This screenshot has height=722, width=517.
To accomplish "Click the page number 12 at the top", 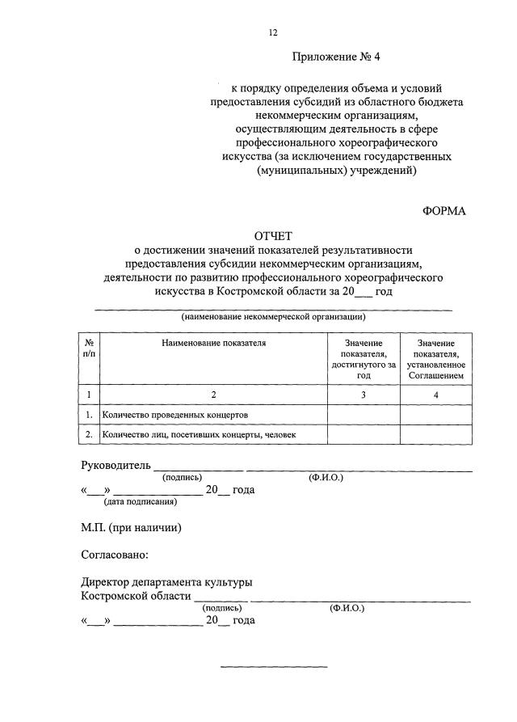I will click(x=273, y=32).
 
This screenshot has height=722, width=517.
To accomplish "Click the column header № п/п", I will click(x=88, y=348).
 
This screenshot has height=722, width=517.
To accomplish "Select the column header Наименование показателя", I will click(x=213, y=343).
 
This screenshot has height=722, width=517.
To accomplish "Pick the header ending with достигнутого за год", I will click(x=364, y=359).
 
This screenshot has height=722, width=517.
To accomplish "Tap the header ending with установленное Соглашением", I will click(x=435, y=359).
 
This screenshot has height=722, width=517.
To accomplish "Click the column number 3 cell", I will click(x=364, y=395).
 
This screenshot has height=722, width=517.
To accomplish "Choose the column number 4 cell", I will click(x=435, y=395).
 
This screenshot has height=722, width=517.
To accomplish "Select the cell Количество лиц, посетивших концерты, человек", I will click(x=199, y=434).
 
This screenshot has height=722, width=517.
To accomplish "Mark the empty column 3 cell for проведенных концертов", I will click(x=364, y=415).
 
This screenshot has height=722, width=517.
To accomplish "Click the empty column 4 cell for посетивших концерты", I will click(x=435, y=434).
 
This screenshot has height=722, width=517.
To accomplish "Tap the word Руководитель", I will click(x=116, y=466).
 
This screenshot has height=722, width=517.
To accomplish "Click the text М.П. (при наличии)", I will click(x=131, y=528).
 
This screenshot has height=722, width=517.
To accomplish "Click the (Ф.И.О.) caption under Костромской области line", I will click(x=347, y=607).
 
